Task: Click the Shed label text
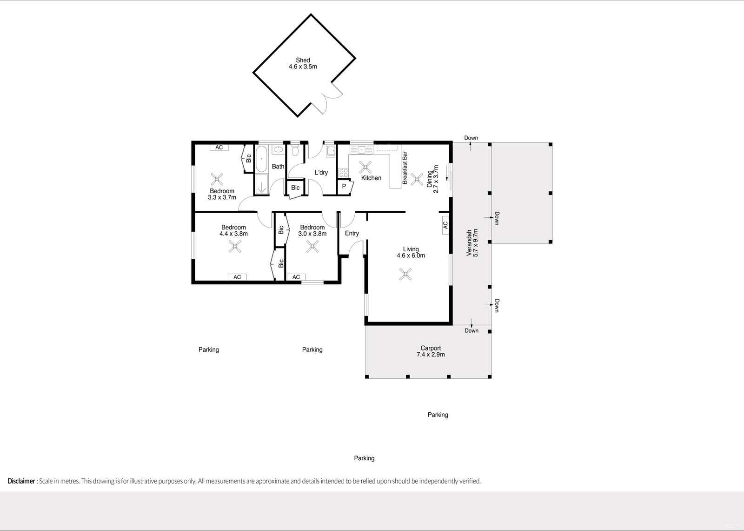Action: [x=303, y=60]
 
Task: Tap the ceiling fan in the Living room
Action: [x=406, y=275]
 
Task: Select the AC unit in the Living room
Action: [x=445, y=225]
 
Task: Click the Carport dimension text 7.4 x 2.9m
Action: [x=431, y=355]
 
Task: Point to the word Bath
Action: [x=278, y=167]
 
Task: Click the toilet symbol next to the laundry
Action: [x=294, y=151]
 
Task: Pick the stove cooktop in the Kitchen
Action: [x=344, y=172]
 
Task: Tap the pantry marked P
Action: [x=344, y=186]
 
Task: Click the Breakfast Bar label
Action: [x=405, y=168]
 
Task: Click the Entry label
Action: [x=352, y=233]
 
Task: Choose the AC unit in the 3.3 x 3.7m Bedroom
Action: [x=219, y=148]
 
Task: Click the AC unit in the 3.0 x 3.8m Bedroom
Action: [x=296, y=277]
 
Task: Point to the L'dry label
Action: [x=321, y=173]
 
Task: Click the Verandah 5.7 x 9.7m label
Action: [x=472, y=242]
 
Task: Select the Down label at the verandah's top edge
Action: [x=471, y=138]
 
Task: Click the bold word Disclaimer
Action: [x=21, y=481]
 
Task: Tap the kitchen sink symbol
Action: [x=360, y=149]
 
